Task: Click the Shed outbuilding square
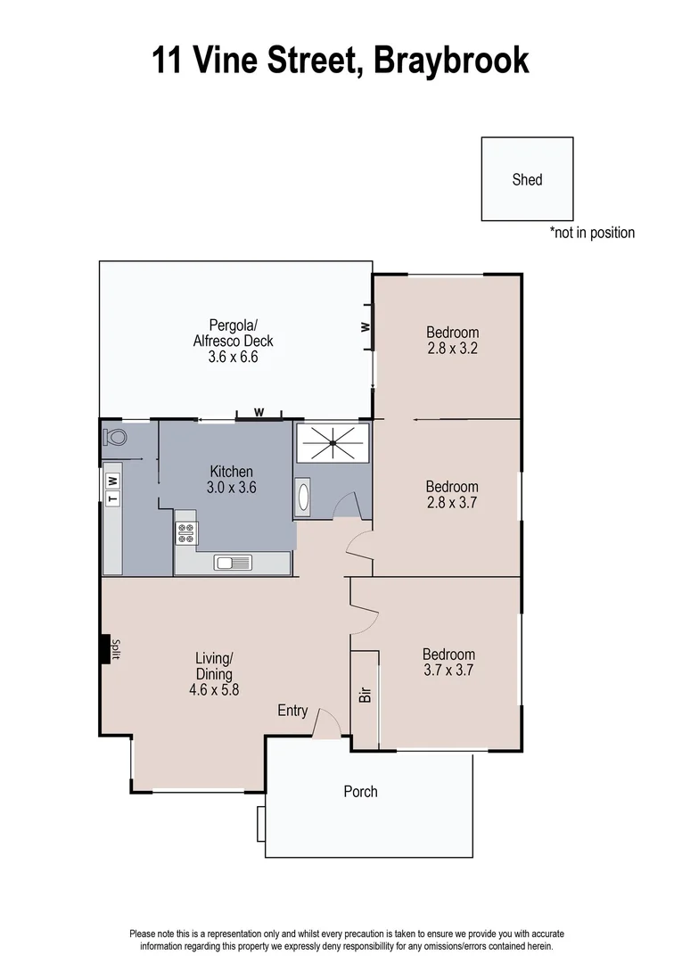[527, 178]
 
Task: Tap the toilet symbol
[115, 437]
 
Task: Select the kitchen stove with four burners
[186, 532]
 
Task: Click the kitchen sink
[234, 562]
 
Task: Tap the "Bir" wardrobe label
[365, 694]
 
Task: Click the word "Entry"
[292, 711]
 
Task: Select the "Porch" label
[360, 791]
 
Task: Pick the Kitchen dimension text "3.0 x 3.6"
[232, 488]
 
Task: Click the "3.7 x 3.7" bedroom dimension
[448, 671]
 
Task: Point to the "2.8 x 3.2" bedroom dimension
[453, 349]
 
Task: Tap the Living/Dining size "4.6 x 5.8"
[214, 688]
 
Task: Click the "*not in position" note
[592, 233]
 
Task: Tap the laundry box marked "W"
[112, 481]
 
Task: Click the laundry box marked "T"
[112, 498]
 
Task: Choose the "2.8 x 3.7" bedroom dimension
[452, 503]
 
